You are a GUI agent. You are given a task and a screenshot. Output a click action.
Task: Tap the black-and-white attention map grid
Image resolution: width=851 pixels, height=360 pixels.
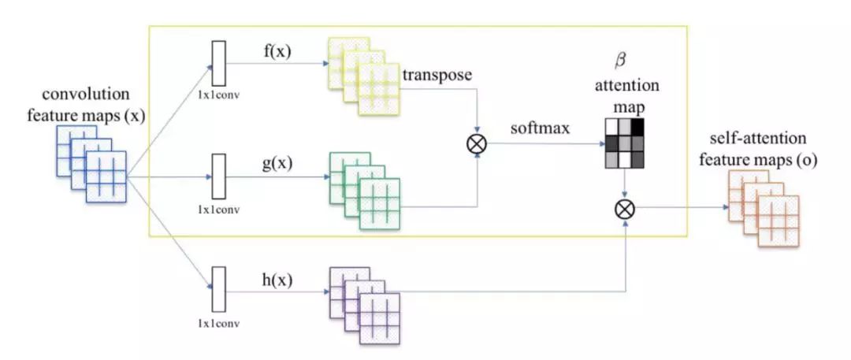point(624,143)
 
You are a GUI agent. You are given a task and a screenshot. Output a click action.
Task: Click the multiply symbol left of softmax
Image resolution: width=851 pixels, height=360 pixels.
point(478,143)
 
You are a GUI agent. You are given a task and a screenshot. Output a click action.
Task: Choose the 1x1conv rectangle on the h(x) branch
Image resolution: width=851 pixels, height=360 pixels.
point(219,290)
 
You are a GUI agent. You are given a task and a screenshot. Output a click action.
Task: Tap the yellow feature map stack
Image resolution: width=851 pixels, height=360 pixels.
point(363,83)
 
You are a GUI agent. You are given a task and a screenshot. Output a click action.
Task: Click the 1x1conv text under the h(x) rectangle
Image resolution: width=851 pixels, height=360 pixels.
point(219,323)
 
